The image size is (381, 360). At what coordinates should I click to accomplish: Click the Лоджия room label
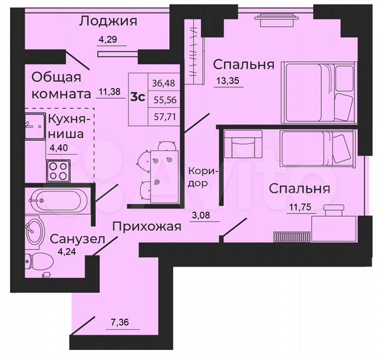tap(108, 21)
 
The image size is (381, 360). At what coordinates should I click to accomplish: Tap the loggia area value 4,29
tap(107, 39)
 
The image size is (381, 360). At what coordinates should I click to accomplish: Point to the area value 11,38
tap(110, 93)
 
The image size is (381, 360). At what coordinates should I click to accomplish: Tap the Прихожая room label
tap(146, 227)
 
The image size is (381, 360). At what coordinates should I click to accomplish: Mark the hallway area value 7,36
tap(120, 325)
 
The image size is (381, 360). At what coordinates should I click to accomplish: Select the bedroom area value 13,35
tap(226, 82)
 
